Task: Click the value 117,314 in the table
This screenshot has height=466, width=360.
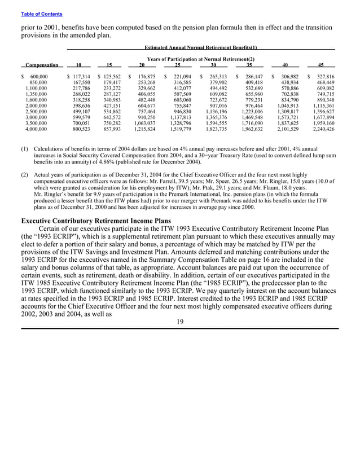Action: (x=80, y=76)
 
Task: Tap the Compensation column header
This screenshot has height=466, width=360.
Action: (x=41, y=65)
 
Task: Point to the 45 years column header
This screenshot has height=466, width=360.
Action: (x=321, y=65)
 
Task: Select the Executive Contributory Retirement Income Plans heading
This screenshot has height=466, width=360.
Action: (x=95, y=220)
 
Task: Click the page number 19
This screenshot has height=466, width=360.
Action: (x=179, y=322)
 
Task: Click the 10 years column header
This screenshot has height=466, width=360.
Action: (x=78, y=65)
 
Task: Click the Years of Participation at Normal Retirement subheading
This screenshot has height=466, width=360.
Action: (x=201, y=59)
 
